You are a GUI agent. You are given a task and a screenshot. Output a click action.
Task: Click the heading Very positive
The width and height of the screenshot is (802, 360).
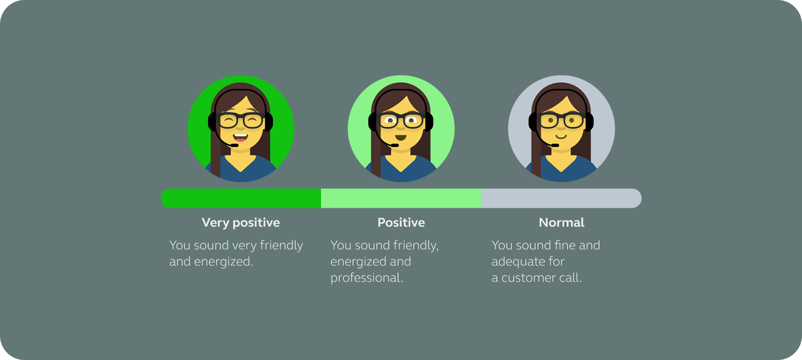tap(241, 223)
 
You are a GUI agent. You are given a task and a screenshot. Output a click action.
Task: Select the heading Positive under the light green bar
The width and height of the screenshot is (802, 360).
tap(401, 223)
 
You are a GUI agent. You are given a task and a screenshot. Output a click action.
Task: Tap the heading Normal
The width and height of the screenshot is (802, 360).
tap(561, 223)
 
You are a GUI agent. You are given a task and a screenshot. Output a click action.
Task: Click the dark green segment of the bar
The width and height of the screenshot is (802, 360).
tap(241, 198)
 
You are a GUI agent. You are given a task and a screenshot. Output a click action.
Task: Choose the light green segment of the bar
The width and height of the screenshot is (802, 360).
tap(401, 198)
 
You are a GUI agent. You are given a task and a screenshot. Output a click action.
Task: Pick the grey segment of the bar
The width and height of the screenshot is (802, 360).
tap(561, 198)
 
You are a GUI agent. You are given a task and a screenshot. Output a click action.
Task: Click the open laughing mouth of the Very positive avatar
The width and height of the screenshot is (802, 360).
tap(240, 137)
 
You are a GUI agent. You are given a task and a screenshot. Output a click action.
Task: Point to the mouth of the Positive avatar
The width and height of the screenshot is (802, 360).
tap(401, 138)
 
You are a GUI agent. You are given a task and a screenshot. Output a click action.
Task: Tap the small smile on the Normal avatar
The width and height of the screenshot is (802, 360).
tap(561, 136)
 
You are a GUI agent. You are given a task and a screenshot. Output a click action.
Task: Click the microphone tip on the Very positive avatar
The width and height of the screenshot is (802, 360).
tap(234, 145)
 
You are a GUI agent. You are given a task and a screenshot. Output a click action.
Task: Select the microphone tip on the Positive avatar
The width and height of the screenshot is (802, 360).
tap(395, 145)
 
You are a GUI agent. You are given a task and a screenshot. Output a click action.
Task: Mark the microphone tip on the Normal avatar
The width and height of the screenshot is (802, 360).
tap(555, 145)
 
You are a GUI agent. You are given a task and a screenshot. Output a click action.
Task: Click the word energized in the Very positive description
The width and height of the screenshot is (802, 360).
tap(223, 262)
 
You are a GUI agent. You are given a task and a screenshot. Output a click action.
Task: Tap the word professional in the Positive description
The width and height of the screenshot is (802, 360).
tap(367, 278)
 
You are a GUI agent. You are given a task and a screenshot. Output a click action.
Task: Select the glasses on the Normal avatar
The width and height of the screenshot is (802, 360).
tap(561, 120)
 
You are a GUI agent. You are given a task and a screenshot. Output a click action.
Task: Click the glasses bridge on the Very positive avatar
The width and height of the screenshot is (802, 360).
tap(241, 118)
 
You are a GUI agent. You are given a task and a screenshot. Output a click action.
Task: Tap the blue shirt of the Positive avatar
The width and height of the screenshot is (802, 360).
tap(401, 170)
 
